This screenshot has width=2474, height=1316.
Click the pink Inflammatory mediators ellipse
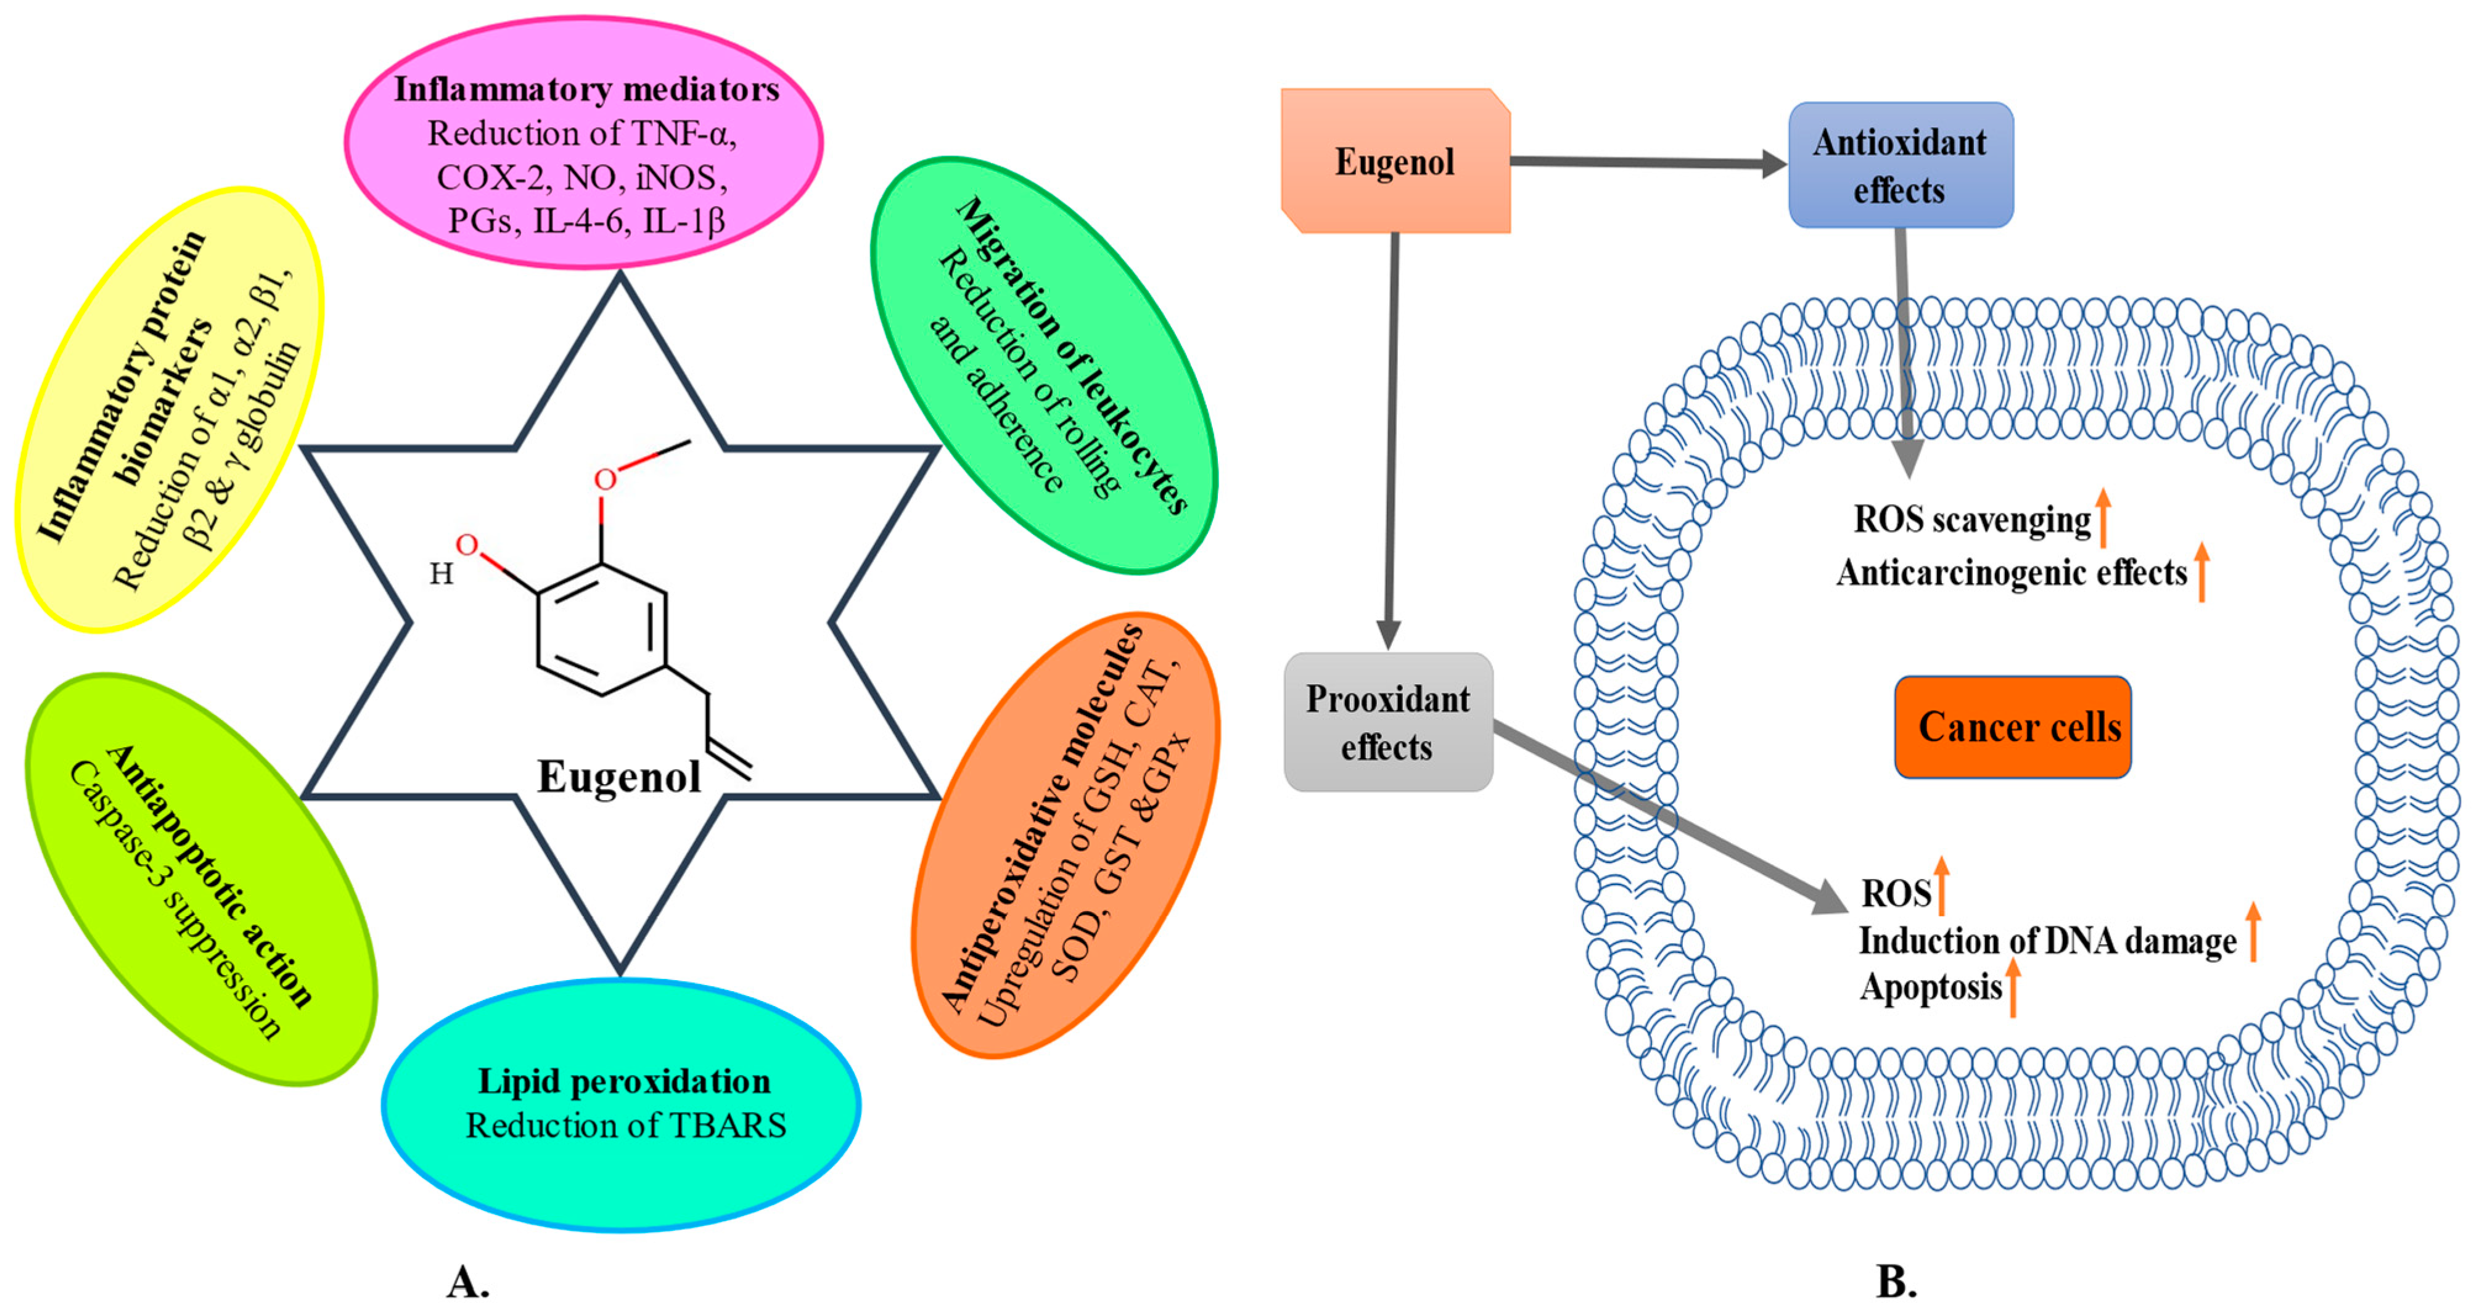tap(583, 144)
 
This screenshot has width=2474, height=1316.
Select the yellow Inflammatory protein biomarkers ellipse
tap(169, 410)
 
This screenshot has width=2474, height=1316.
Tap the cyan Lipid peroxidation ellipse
tap(622, 1104)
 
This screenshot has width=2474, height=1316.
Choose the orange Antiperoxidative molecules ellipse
tap(1066, 835)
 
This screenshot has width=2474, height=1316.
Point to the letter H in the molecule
tap(441, 574)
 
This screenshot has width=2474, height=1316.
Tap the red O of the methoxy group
tap(605, 479)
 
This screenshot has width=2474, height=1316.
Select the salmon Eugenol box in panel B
tap(1394, 161)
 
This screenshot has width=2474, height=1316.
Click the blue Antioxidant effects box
tap(1900, 165)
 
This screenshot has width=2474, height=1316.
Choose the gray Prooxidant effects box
tap(1388, 722)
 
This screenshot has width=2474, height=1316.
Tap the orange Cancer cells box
tap(2012, 727)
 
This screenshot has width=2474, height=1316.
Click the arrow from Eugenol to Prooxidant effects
tap(1391, 441)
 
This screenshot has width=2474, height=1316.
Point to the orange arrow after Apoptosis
tap(2013, 989)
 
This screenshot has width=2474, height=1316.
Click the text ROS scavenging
tap(1971, 519)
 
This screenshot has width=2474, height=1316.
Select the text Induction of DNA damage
tap(2047, 941)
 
